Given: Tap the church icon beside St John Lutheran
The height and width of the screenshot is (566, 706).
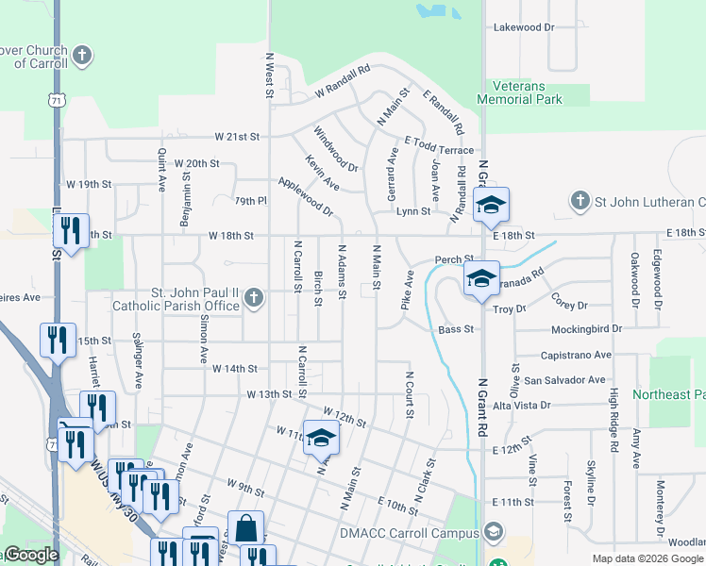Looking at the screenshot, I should point(580,201).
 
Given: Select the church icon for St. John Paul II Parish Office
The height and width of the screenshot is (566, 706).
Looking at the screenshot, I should point(252,299).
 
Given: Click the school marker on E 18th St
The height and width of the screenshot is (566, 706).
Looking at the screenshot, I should point(491,206).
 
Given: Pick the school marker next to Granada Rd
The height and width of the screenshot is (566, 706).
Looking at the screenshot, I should point(481,278).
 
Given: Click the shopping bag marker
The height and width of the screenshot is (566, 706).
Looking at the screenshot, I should point(246,529).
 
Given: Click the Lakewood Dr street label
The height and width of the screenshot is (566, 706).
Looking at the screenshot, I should point(524,27).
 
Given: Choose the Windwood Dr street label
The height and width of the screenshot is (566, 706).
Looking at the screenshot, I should point(336,149).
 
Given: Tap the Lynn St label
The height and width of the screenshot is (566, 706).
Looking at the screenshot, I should point(412,211).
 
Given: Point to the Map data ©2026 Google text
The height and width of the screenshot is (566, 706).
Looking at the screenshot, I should point(647,558).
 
